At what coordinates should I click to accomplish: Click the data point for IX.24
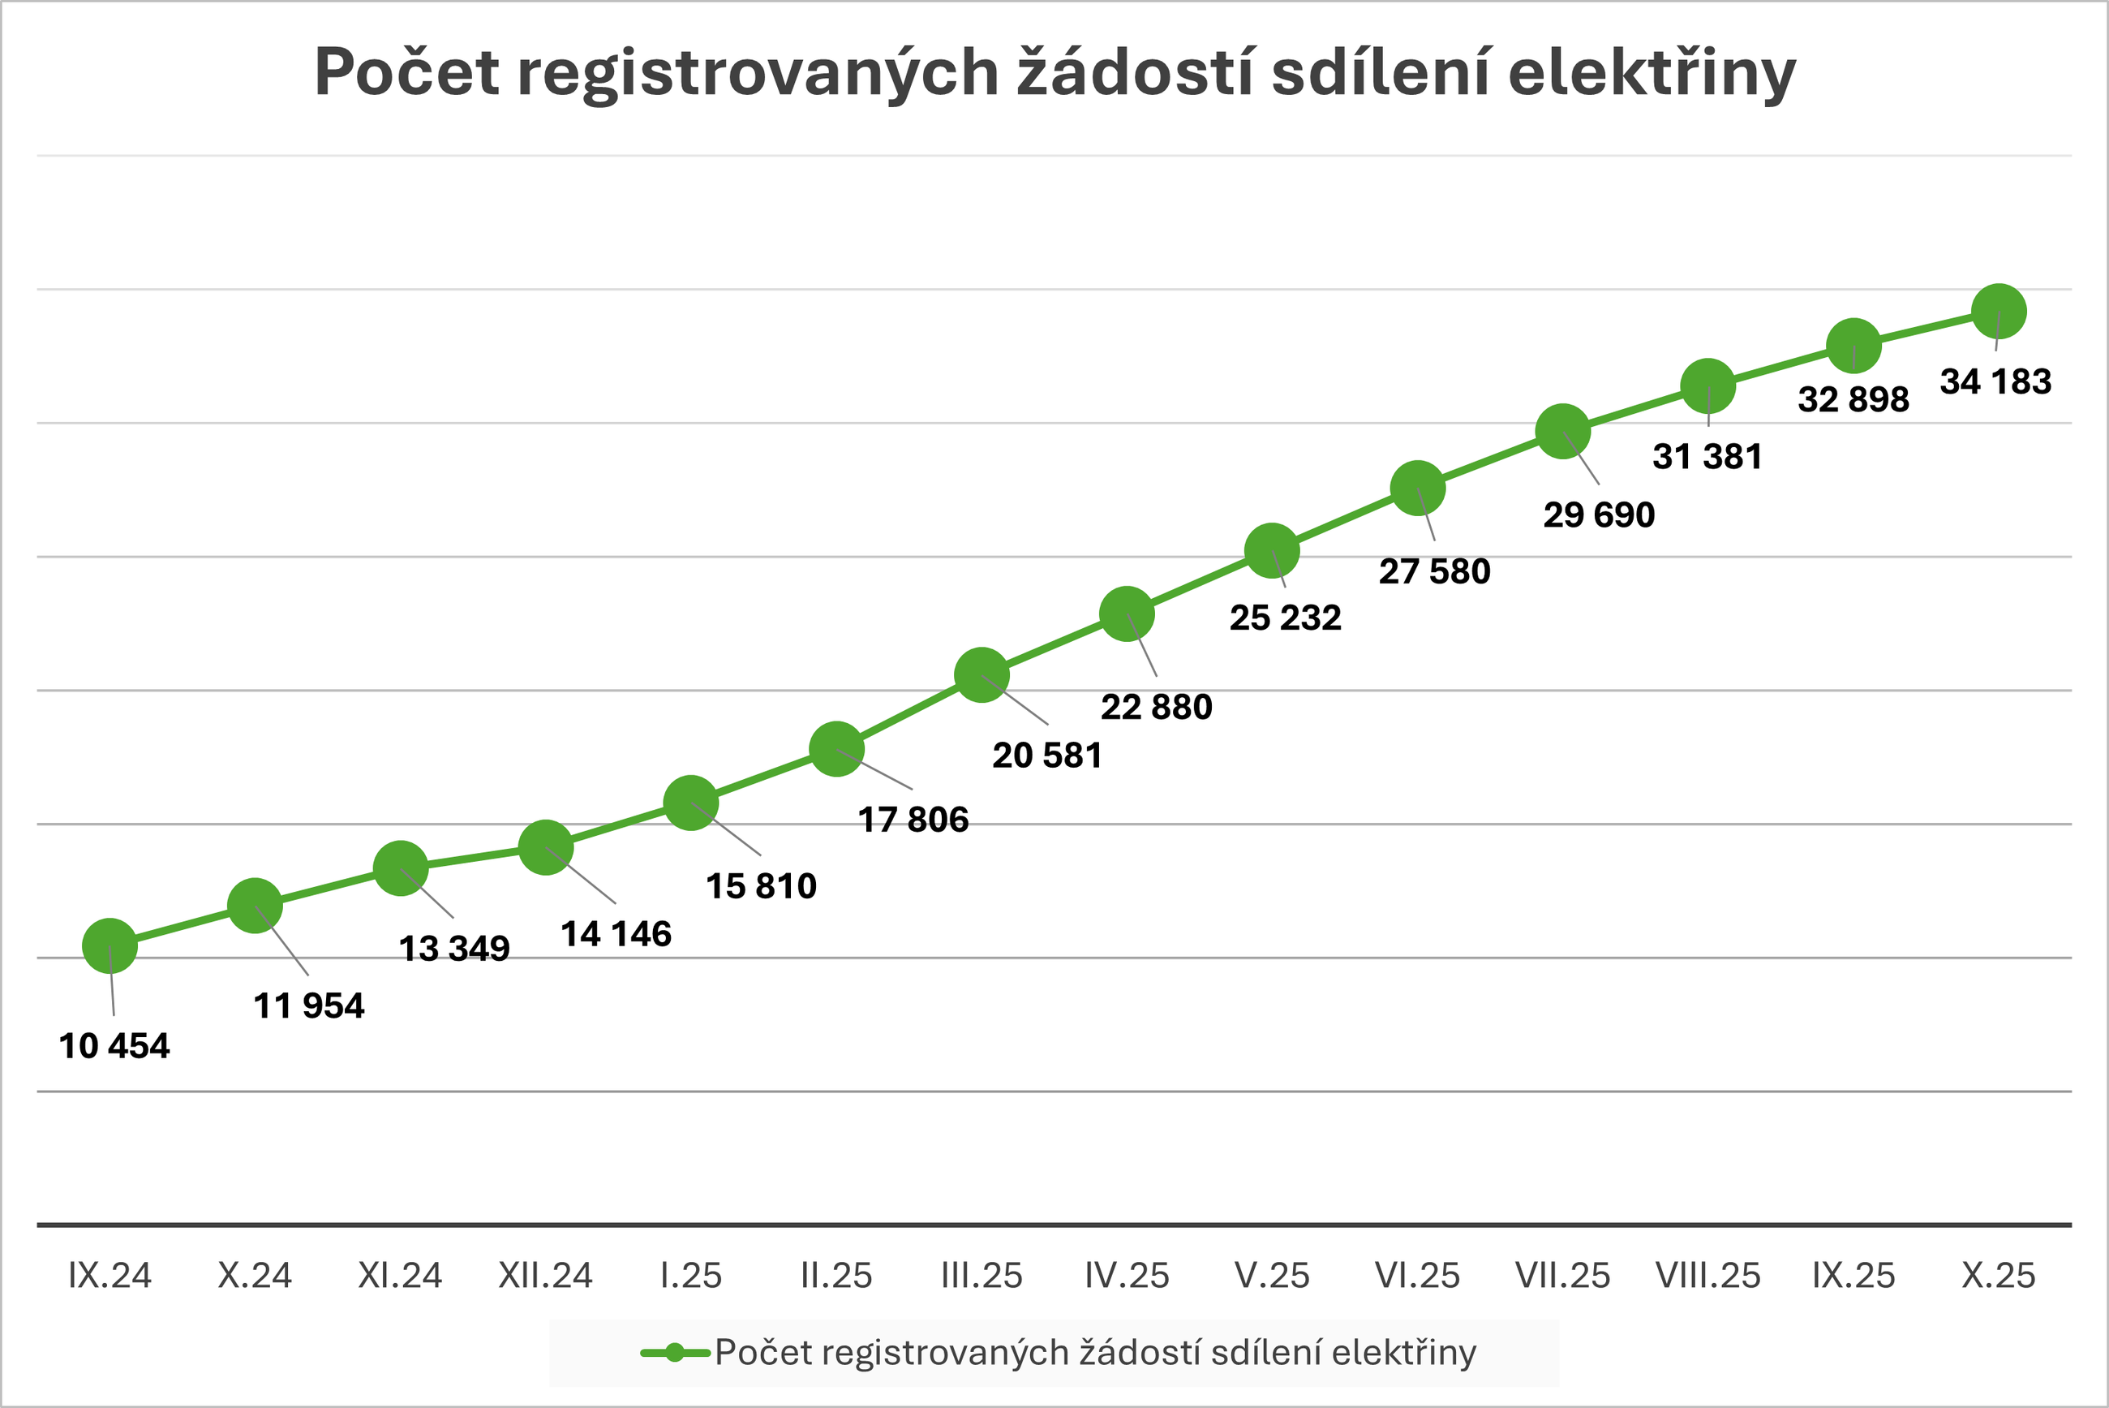tap(110, 945)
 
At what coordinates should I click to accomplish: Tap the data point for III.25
tap(981, 675)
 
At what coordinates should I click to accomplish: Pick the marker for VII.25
tap(1563, 432)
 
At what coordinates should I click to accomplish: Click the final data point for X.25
tap(1999, 312)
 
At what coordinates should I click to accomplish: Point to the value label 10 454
tap(114, 1046)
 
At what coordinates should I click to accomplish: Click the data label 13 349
tap(454, 948)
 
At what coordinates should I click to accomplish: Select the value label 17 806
tap(913, 819)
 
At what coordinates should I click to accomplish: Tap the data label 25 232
tap(1285, 618)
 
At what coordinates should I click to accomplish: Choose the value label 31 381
tap(1707, 456)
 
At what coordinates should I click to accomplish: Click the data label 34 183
tap(1996, 381)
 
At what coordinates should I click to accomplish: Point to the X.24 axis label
tap(255, 1276)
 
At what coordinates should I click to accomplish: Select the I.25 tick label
tap(691, 1276)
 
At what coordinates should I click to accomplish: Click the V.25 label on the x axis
tap(1273, 1276)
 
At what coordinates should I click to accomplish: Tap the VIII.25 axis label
tap(1707, 1276)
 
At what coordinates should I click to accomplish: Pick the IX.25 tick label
tap(1853, 1276)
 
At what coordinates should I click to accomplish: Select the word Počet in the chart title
tap(406, 72)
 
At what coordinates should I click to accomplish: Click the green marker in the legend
tap(675, 1352)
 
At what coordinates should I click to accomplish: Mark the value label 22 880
tap(1157, 708)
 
